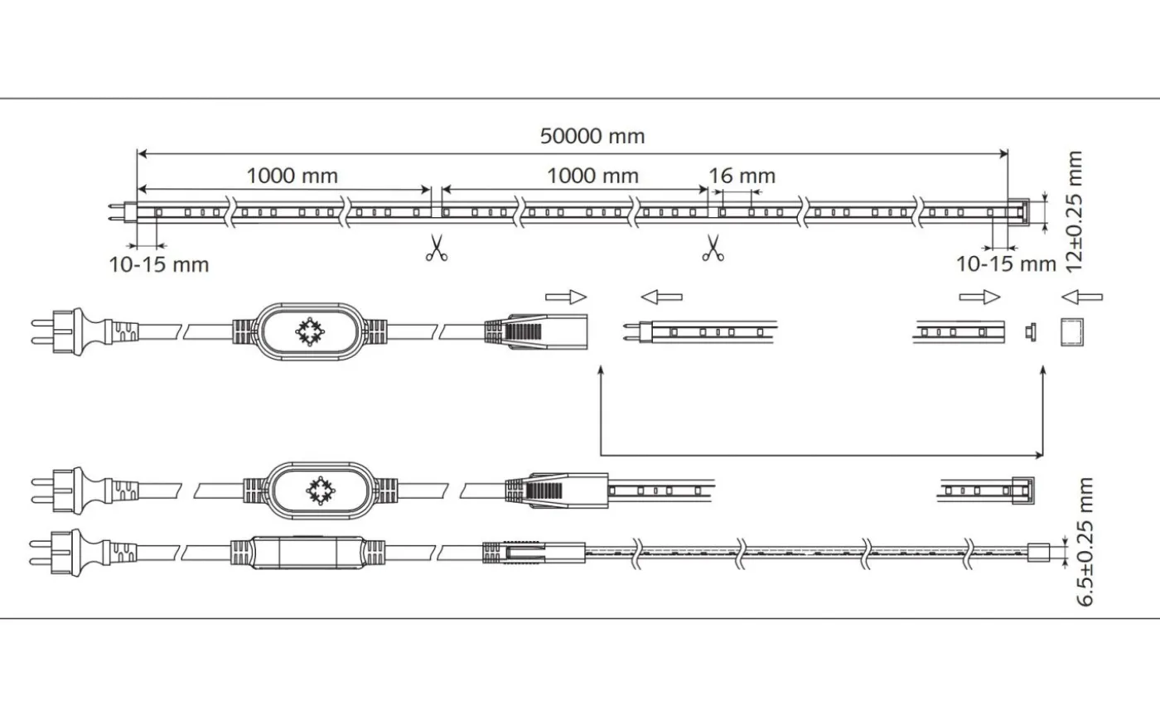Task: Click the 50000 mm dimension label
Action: [x=592, y=136]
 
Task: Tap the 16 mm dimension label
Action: [x=742, y=176]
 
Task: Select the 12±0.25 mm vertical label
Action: [x=1074, y=210]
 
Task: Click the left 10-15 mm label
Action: [x=159, y=265]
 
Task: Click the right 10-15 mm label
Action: [x=1006, y=264]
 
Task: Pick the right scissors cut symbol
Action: [x=712, y=249]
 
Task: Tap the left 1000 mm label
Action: [x=292, y=176]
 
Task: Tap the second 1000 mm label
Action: [x=592, y=176]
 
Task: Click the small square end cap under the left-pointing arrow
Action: [x=1073, y=331]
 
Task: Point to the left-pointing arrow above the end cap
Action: [x=1083, y=297]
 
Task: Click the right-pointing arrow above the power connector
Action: [x=566, y=297]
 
